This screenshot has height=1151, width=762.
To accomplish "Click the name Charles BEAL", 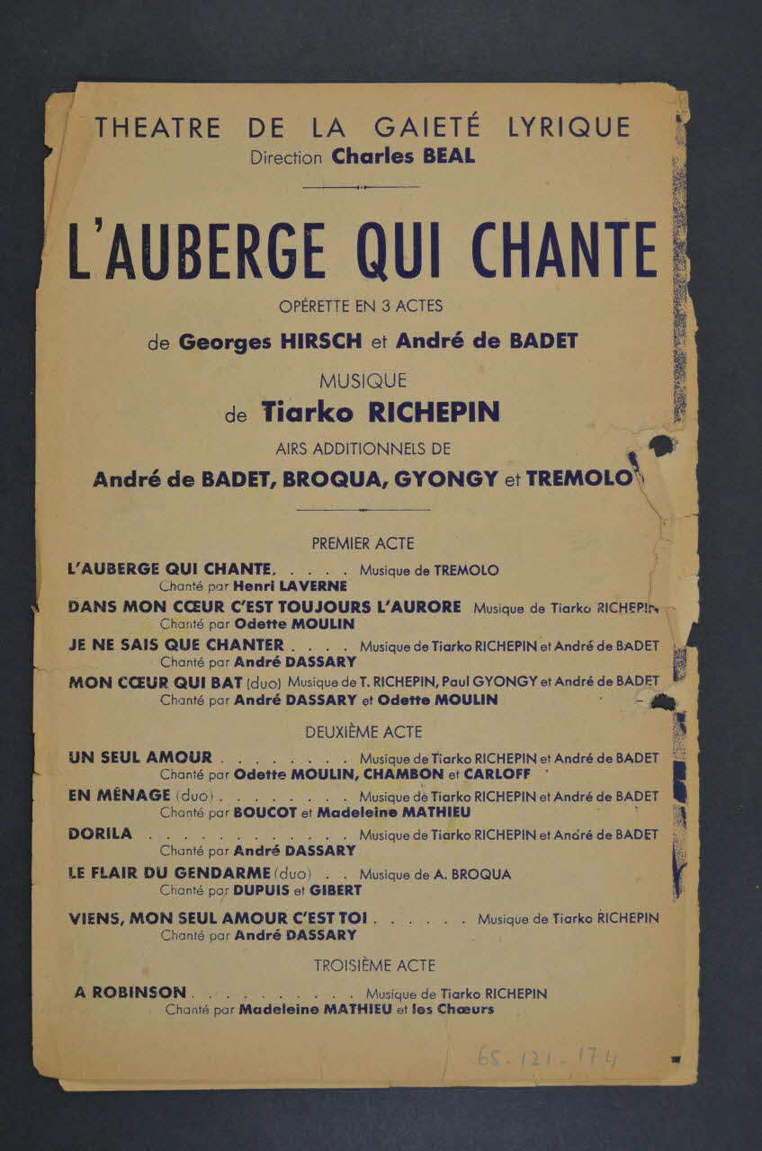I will pyautogui.click(x=403, y=156).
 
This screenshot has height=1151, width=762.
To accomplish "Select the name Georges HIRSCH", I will pyautogui.click(x=271, y=342).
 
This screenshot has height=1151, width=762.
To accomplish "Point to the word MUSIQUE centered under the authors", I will pyautogui.click(x=363, y=381).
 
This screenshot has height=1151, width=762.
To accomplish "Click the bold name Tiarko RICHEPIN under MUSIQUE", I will pyautogui.click(x=380, y=412).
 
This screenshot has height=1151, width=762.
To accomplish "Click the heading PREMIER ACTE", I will pyautogui.click(x=363, y=543).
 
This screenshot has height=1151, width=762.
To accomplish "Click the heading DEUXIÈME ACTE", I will pyautogui.click(x=363, y=732).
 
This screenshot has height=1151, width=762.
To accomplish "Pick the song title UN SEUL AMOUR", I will pyautogui.click(x=140, y=758).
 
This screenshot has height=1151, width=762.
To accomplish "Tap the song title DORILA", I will pyautogui.click(x=100, y=834).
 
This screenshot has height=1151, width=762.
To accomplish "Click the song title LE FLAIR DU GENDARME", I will pyautogui.click(x=169, y=872).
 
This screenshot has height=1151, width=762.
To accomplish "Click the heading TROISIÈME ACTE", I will pyautogui.click(x=374, y=966).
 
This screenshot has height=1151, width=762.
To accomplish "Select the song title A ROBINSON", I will pyautogui.click(x=130, y=993).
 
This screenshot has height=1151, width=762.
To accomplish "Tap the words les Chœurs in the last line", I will pyautogui.click(x=453, y=1009).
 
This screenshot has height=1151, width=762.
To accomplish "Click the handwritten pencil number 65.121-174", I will pyautogui.click(x=547, y=1057).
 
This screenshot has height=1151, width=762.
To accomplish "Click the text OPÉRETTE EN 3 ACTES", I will pyautogui.click(x=362, y=306).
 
